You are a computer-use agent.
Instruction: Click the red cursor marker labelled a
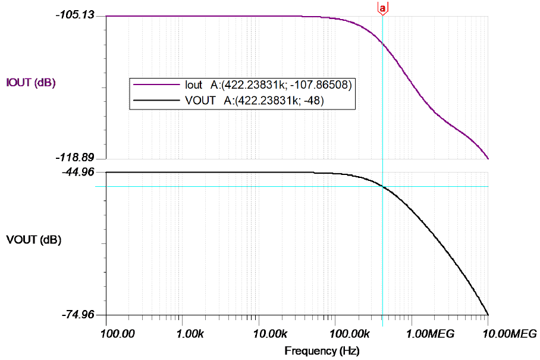pos(382,8)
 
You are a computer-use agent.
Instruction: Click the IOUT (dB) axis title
pos(30,83)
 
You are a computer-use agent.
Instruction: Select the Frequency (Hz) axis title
pos(322,351)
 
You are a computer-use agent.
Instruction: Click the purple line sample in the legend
pos(155,85)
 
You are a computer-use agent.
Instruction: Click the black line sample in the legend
pos(155,101)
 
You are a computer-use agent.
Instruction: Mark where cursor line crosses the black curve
pos(382,187)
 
